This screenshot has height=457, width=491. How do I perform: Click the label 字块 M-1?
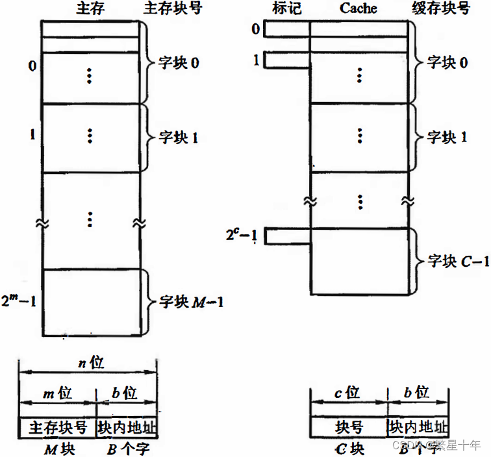pyautogui.click(x=192, y=302)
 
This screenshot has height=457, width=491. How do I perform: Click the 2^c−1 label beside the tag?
pyautogui.click(x=240, y=236)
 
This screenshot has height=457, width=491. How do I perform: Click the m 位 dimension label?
pyautogui.click(x=57, y=393)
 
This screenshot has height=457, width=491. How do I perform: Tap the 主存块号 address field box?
pyautogui.click(x=58, y=428)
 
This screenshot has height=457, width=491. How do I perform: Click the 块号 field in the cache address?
pyautogui.click(x=348, y=428)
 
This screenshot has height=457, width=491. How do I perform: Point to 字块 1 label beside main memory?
pyautogui.click(x=179, y=138)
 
